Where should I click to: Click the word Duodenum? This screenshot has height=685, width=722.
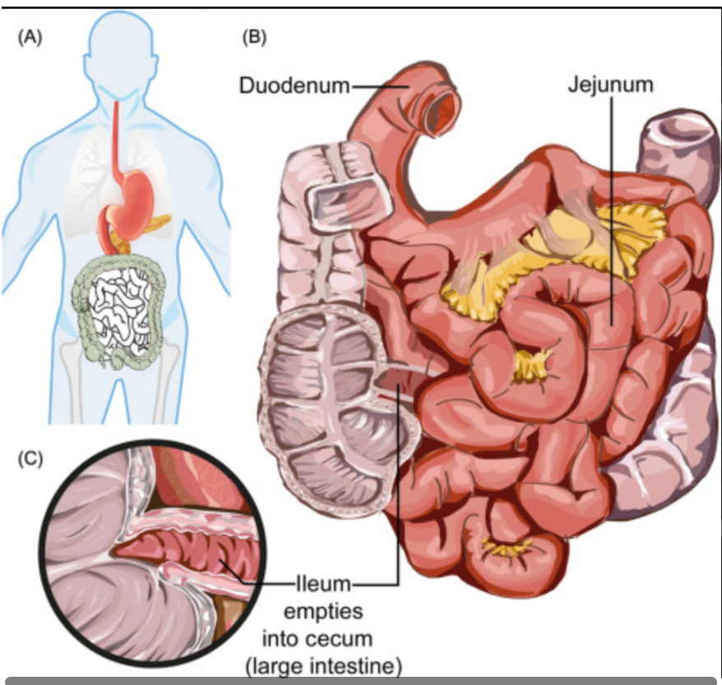point(294,86)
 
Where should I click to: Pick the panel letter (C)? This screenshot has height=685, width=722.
point(30,459)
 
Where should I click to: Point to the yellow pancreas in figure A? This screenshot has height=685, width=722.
point(155,223)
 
